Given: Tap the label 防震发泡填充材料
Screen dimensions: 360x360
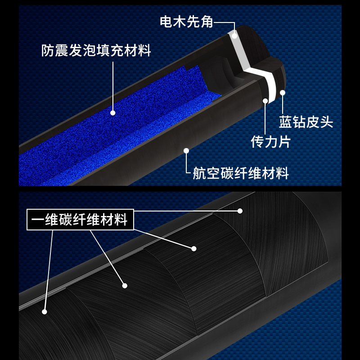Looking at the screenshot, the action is click(96, 50).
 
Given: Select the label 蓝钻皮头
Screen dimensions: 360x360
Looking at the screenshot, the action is click(306, 122).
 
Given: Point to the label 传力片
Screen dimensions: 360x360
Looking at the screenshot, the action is click(270, 142).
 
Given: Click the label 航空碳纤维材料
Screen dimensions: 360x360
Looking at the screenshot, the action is click(241, 173).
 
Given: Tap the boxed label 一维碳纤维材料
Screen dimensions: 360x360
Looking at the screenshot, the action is click(80, 220).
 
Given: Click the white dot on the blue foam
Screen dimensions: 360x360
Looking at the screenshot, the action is click(112, 113).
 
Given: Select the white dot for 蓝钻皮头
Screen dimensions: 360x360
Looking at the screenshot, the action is click(283, 93).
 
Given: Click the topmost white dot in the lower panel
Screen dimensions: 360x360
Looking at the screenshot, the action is click(240, 210).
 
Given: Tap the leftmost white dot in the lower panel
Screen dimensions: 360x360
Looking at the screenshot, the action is click(45, 311).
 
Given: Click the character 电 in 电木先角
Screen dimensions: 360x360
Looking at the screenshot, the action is click(166, 21).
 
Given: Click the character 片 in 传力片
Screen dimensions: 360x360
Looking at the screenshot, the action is click(284, 142).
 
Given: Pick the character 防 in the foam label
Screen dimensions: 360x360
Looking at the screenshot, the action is click(49, 50).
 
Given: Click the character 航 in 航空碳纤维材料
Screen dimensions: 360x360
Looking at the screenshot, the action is click(200, 173).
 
